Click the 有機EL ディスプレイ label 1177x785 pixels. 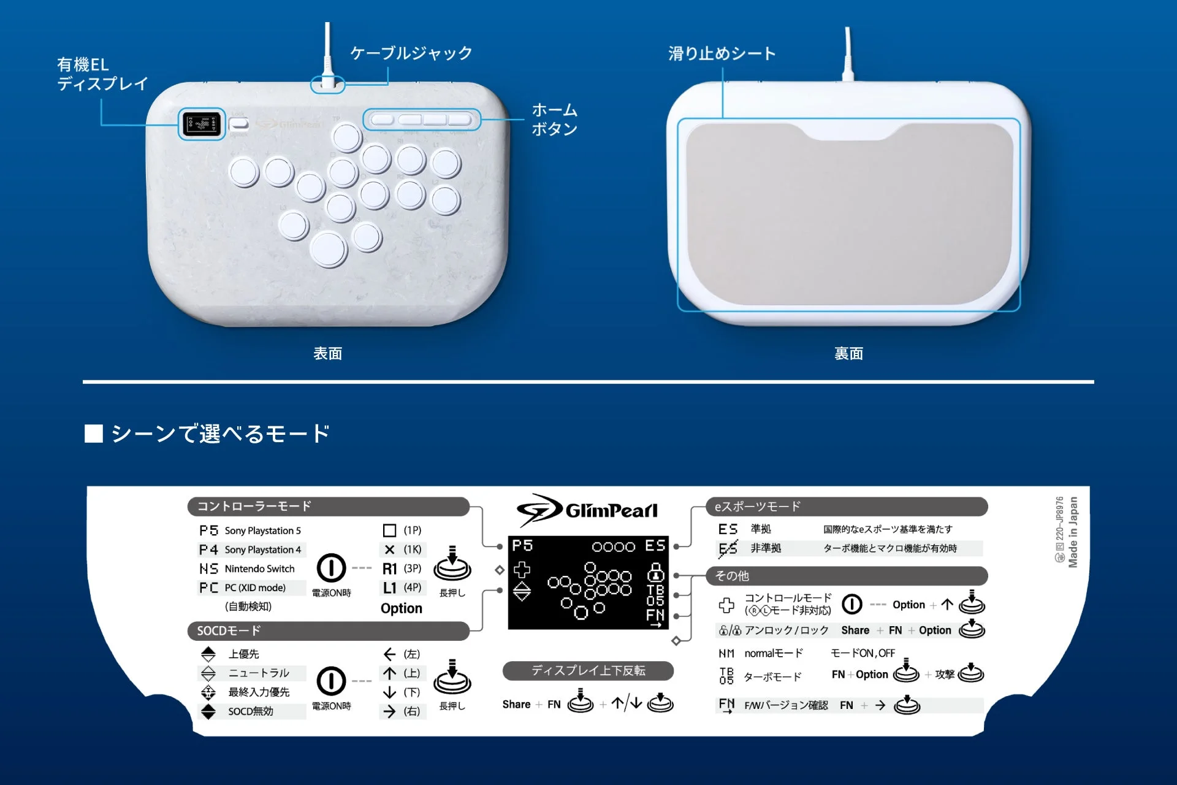click(102, 74)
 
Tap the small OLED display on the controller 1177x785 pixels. click(202, 124)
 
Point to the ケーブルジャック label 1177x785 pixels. click(411, 53)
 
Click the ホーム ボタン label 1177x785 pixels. click(554, 120)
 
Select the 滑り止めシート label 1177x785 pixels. click(722, 54)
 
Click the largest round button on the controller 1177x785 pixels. click(329, 248)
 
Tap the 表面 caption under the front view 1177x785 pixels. click(328, 354)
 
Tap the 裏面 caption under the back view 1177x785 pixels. click(848, 354)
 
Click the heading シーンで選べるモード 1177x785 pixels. click(219, 434)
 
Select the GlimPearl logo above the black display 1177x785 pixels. click(587, 510)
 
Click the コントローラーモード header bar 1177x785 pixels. click(328, 507)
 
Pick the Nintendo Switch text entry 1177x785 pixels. click(259, 569)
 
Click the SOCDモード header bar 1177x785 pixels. click(328, 631)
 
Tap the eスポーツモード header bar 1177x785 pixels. click(846, 507)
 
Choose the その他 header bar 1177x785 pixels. click(846, 576)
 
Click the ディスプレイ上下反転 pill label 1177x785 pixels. click(588, 671)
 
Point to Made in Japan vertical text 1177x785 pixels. click(1073, 532)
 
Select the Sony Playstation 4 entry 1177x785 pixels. click(262, 550)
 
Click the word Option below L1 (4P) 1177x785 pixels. click(402, 608)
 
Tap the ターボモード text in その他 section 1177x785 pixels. click(772, 677)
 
